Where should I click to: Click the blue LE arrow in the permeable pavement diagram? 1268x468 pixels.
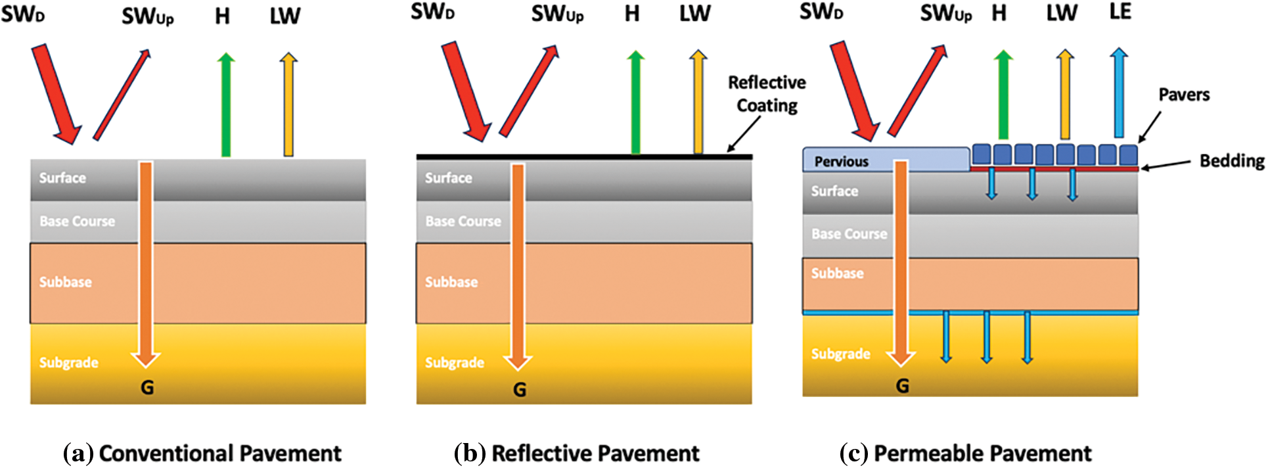(x=1119, y=92)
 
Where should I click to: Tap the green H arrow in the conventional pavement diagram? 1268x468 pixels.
(x=225, y=105)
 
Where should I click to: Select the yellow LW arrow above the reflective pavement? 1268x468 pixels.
(x=698, y=102)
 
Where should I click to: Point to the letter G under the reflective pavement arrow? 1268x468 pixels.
(x=520, y=390)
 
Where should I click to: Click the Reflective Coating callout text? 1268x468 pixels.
(x=767, y=94)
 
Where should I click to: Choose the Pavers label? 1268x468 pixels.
(x=1184, y=95)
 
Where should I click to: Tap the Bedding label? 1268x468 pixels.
(x=1232, y=161)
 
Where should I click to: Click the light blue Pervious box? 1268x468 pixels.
(x=886, y=160)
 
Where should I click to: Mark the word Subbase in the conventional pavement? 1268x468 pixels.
(x=65, y=282)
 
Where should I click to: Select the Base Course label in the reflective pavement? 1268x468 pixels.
(x=463, y=222)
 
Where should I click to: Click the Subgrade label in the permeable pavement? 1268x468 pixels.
(x=840, y=354)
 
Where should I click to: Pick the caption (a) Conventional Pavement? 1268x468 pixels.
(x=202, y=454)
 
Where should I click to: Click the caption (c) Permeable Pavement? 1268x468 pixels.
(x=965, y=454)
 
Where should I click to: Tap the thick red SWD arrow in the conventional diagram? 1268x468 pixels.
(x=56, y=94)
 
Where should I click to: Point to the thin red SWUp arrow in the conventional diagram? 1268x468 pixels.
(x=122, y=95)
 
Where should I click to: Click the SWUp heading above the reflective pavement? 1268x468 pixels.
(x=557, y=14)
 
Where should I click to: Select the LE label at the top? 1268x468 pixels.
(x=1120, y=12)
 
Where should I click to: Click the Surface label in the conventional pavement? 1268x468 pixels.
(x=62, y=178)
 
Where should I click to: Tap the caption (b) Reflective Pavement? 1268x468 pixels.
(x=577, y=454)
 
